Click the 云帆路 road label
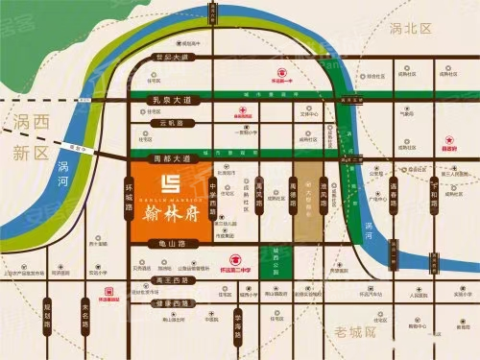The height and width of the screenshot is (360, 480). (x=169, y=125)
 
